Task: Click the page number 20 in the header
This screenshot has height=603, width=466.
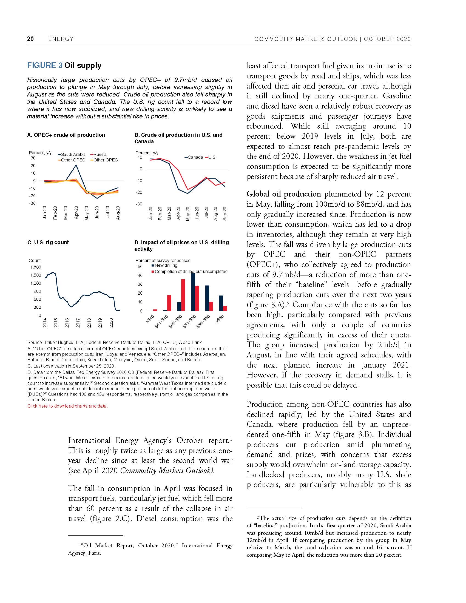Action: click(x=30, y=39)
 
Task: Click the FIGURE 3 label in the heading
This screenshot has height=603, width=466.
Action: click(x=45, y=66)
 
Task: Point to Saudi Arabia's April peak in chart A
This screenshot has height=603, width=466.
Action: click(x=76, y=165)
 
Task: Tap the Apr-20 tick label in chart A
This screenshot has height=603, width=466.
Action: click(x=76, y=213)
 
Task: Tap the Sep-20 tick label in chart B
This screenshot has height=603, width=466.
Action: click(x=225, y=213)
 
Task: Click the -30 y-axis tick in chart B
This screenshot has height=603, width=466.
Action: click(x=139, y=204)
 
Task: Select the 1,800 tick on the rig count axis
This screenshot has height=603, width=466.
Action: click(x=36, y=267)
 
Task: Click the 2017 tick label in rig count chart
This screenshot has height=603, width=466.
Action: click(x=78, y=323)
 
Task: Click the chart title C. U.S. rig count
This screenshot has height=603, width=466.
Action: click(x=48, y=242)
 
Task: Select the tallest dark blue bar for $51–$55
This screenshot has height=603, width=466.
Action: click(x=193, y=292)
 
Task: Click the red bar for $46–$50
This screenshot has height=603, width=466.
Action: click(x=183, y=295)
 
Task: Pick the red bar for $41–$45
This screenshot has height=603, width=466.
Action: click(x=169, y=303)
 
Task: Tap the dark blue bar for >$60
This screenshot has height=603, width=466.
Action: click(x=221, y=303)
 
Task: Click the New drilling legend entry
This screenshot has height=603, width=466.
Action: click(x=166, y=265)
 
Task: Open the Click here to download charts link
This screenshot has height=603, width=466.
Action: click(x=67, y=406)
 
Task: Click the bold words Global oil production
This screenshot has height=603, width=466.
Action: click(x=283, y=194)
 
